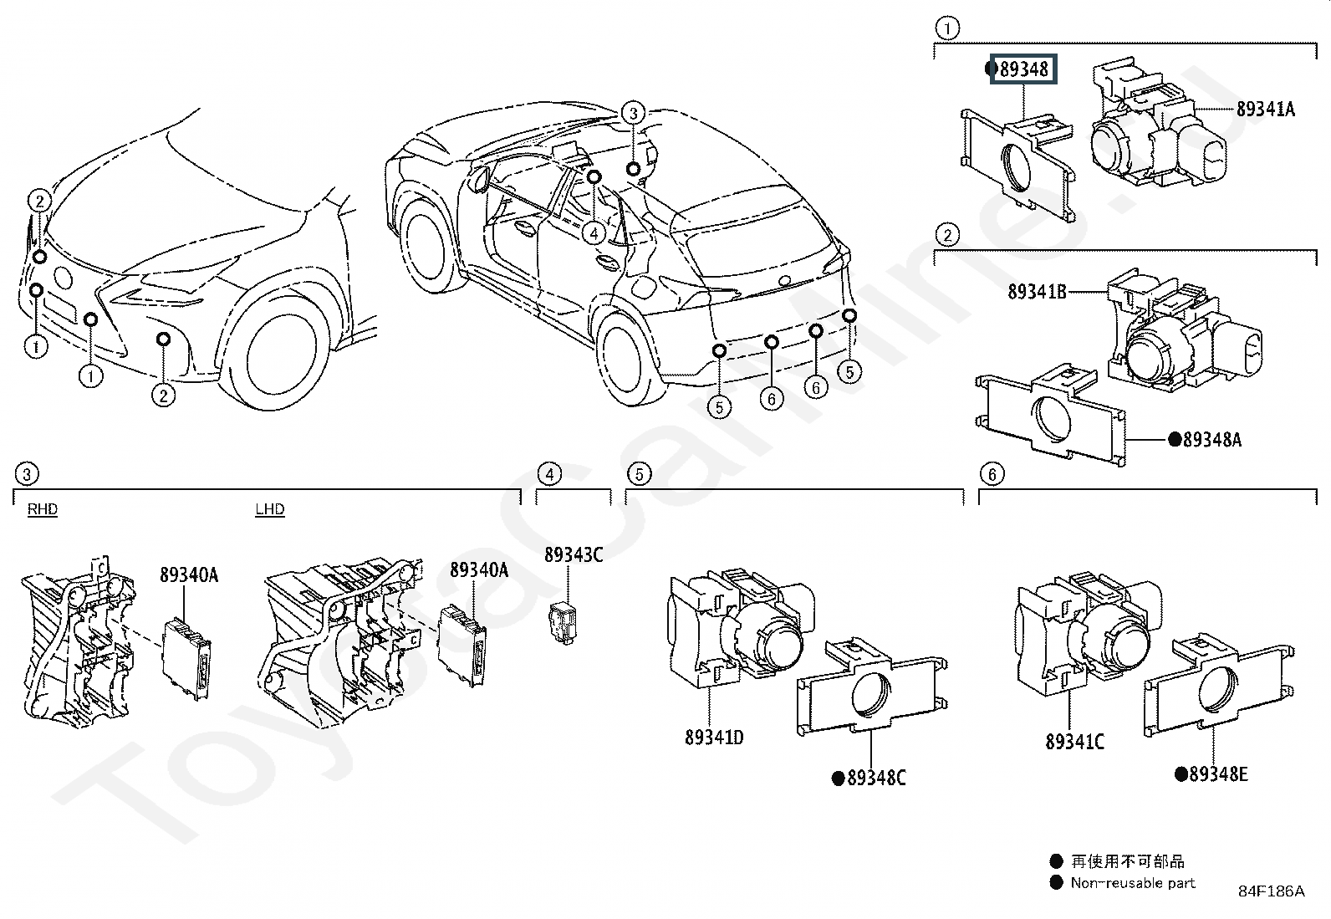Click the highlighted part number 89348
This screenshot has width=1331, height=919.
[1023, 69]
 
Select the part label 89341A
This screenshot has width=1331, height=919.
[1266, 109]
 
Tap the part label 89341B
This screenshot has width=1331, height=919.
[1037, 291]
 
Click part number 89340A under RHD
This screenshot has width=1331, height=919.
[189, 574]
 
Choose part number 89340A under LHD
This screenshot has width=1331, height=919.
[479, 569]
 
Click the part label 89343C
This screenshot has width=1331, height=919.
[574, 554]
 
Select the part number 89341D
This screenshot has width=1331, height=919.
[714, 737]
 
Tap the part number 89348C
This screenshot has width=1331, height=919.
[876, 778]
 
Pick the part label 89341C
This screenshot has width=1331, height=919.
[1075, 741]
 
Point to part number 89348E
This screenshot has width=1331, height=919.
[1219, 774]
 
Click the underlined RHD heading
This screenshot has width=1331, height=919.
[43, 509]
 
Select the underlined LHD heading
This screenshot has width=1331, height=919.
[270, 509]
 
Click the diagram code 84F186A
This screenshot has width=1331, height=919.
[1271, 891]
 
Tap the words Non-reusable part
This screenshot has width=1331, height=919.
[1133, 883]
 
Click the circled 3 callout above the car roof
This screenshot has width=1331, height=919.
[634, 113]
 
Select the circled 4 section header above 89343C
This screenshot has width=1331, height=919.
[549, 474]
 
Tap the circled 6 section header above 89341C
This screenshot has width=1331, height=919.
[992, 474]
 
